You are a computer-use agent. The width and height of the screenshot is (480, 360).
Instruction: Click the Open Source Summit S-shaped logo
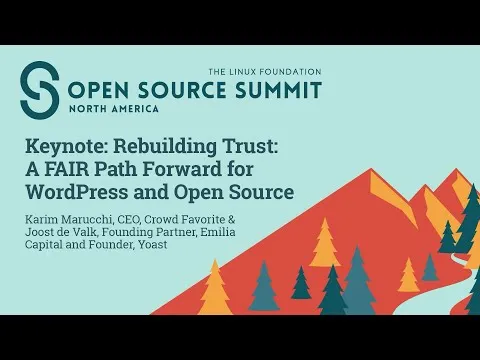tap(40, 91)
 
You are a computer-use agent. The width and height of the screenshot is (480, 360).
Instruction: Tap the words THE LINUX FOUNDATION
tap(264, 72)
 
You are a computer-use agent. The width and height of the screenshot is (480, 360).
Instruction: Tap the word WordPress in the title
tap(81, 192)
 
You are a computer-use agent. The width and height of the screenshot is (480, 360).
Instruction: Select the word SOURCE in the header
tap(181, 91)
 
